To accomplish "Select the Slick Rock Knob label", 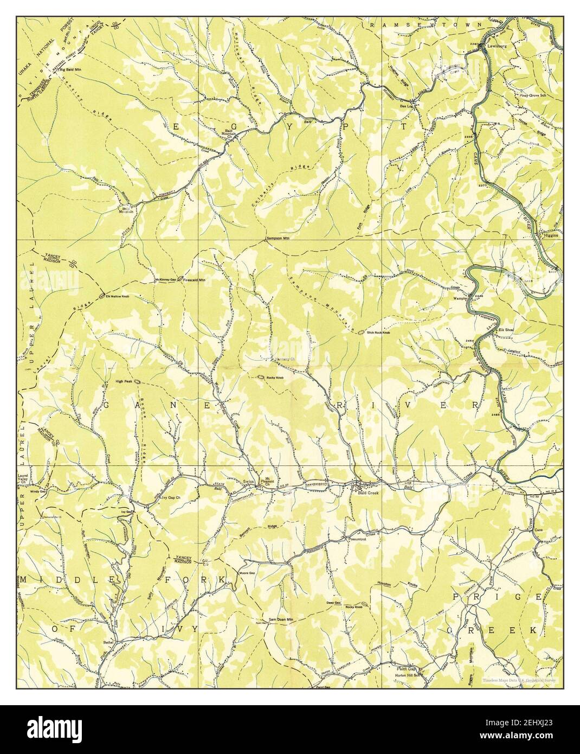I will tap(378, 332).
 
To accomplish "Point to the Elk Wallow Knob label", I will tap(117, 297).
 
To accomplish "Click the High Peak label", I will tap(124, 381).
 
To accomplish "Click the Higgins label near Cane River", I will tap(552, 235).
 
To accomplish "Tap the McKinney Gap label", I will tap(166, 280).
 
